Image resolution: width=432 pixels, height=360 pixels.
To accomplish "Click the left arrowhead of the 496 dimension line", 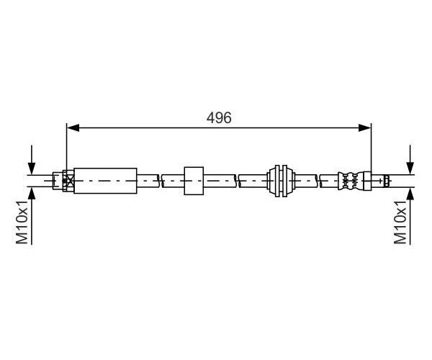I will (x=71, y=128).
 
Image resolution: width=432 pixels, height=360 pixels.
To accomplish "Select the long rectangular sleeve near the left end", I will (x=105, y=180).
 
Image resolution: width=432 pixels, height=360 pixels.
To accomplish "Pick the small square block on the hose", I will (x=194, y=180).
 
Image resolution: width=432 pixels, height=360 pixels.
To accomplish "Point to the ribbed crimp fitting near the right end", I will (x=351, y=180).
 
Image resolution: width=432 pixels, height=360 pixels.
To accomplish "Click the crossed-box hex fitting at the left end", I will (x=68, y=180).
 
